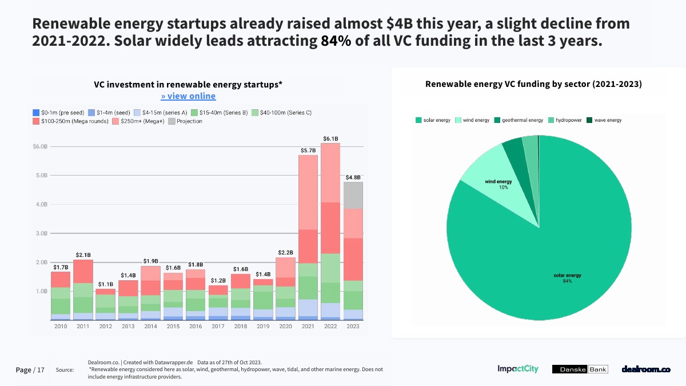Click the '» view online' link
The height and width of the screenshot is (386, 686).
(x=188, y=96)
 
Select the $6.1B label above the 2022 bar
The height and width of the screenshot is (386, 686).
(x=330, y=138)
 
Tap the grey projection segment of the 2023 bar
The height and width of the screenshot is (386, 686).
(x=353, y=195)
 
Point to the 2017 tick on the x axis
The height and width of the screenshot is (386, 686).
(x=218, y=327)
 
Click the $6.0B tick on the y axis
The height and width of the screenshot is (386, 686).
(x=39, y=147)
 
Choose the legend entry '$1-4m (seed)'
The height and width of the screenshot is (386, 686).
(x=110, y=113)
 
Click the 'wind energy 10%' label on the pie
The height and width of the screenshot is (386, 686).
(x=498, y=184)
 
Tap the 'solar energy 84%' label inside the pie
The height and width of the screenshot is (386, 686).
(x=567, y=278)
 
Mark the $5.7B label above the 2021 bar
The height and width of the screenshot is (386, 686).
(x=308, y=150)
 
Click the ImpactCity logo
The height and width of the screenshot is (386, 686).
(x=518, y=369)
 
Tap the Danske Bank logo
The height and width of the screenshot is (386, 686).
(x=580, y=369)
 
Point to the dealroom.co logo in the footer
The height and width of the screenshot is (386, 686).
(x=645, y=369)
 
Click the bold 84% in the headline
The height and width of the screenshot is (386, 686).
(x=336, y=42)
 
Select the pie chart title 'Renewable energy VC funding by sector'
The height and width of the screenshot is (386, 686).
(x=533, y=84)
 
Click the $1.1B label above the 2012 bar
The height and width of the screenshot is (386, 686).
(x=106, y=284)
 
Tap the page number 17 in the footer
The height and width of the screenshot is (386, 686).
(x=40, y=370)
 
